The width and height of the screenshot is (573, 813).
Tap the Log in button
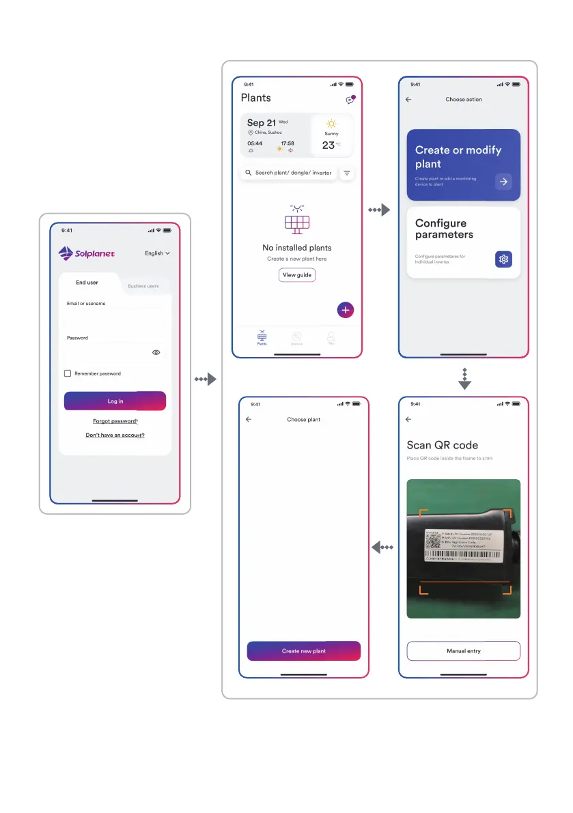[115, 401]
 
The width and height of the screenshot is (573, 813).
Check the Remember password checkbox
[68, 373]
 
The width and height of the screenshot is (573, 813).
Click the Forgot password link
[115, 421]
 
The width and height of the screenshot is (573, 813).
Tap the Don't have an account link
[115, 435]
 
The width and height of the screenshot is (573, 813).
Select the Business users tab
[143, 286]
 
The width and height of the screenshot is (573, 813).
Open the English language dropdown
[157, 253]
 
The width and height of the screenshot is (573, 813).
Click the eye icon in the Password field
[156, 352]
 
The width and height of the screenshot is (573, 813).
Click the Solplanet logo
[87, 253]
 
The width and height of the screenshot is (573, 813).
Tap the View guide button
[297, 275]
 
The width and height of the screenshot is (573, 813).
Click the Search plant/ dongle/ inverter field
[288, 173]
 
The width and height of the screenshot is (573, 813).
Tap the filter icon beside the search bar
[347, 173]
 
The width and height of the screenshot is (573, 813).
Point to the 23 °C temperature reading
[331, 145]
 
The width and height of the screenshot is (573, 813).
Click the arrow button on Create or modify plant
[503, 182]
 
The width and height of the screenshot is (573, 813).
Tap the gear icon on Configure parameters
[503, 259]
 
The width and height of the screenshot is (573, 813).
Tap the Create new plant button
[303, 651]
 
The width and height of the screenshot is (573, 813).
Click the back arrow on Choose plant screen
[249, 420]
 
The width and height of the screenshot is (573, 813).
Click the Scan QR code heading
[442, 445]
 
